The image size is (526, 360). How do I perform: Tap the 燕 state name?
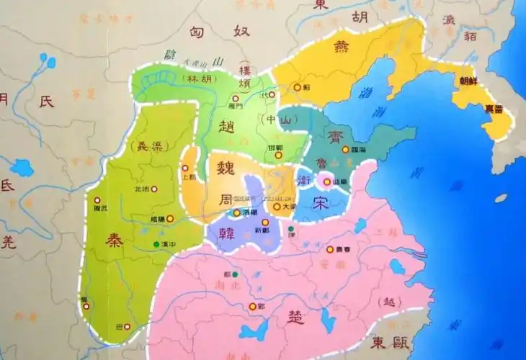click(x=342, y=48)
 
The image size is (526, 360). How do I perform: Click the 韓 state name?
click(x=218, y=232)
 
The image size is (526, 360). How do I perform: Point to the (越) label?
click(x=391, y=300)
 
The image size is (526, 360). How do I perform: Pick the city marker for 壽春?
click(x=330, y=249)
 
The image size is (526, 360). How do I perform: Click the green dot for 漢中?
click(x=157, y=245)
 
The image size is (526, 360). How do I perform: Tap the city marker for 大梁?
click(x=277, y=207)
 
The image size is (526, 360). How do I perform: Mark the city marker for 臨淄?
click(x=345, y=150)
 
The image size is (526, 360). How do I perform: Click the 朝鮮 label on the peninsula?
click(x=468, y=81)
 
